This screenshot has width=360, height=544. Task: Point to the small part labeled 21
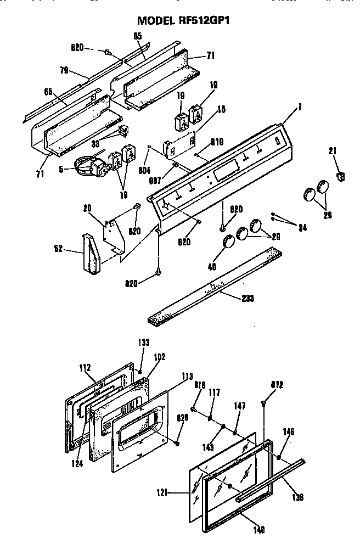pos(342,177)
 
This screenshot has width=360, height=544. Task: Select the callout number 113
pos(187,377)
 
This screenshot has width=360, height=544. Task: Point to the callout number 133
pos(143,342)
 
